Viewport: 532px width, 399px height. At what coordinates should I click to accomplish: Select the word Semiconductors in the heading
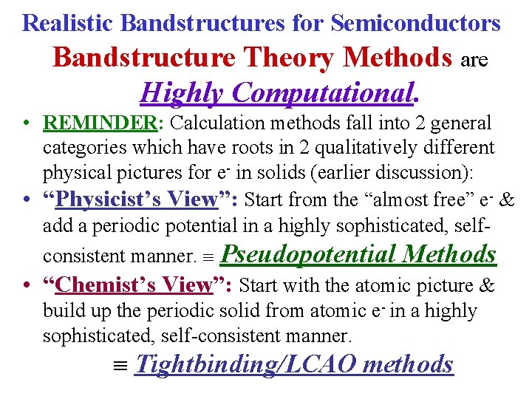pos(416,22)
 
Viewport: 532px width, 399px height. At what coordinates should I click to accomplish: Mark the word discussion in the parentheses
pos(418,172)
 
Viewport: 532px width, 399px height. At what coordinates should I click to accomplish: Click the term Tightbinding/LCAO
pos(244,364)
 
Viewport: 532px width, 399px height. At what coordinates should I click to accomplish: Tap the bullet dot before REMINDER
pos(26,123)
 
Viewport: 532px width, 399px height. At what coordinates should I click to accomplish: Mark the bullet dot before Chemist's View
pos(26,286)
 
